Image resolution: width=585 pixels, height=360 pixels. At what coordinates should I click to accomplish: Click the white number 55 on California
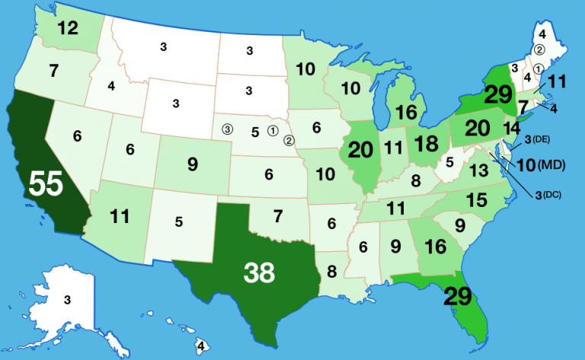tap(45, 184)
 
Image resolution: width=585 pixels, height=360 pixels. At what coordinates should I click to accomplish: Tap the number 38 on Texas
tap(258, 272)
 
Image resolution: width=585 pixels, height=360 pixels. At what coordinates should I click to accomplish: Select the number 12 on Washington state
tap(67, 29)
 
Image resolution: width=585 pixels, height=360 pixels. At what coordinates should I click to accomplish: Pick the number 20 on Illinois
tap(360, 150)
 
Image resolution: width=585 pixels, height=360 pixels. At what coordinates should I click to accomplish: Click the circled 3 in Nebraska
tap(227, 129)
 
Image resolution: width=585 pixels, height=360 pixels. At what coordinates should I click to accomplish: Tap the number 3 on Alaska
tap(67, 299)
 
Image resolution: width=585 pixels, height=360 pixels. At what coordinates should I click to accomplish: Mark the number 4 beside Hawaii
tap(200, 346)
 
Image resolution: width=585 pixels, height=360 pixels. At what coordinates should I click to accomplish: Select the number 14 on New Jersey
tap(512, 128)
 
